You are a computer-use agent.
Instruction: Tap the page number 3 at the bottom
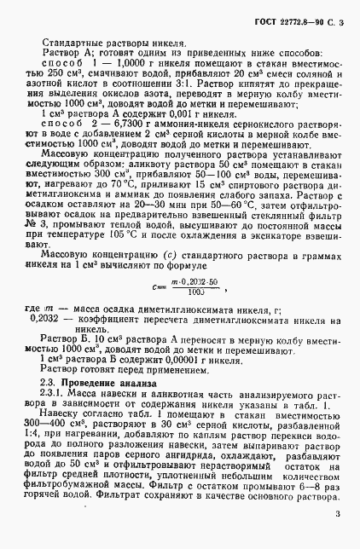tap(338, 513)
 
